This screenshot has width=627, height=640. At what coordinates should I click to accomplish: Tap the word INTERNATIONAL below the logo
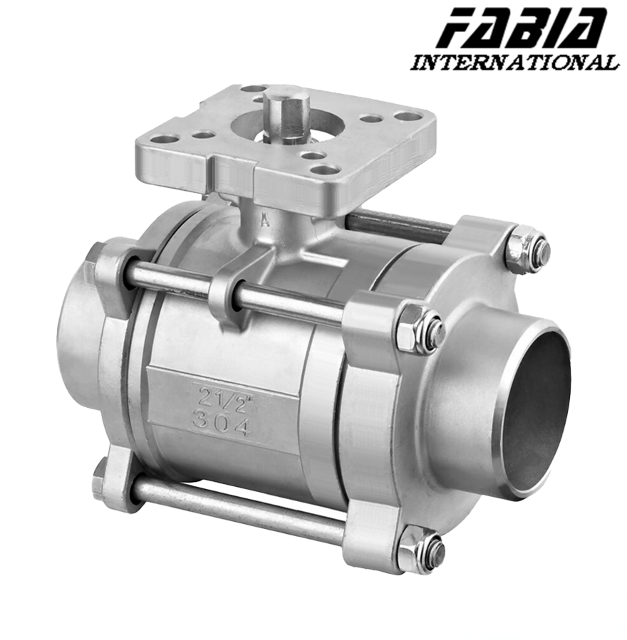pyautogui.click(x=514, y=63)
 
